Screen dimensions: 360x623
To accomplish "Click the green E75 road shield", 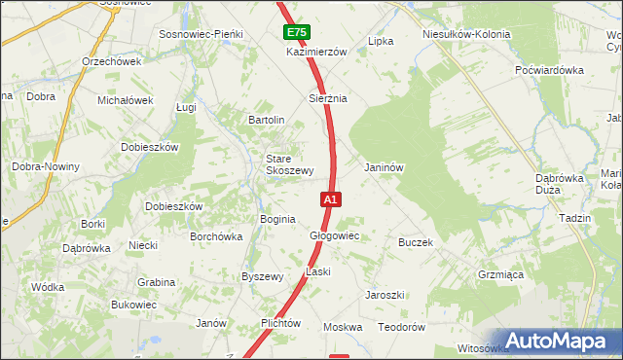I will [297, 33].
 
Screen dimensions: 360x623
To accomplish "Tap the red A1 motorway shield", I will [330, 199].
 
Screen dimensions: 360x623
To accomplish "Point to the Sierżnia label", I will [328, 98].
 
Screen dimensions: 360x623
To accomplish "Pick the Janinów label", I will [384, 166].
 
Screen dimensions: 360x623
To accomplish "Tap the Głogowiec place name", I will [335, 235].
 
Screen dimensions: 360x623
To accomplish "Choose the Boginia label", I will [277, 219].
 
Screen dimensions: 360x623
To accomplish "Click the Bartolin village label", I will [266, 120].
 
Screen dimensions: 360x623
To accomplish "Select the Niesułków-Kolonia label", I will [466, 34].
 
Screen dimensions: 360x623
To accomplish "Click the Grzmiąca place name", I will [500, 274].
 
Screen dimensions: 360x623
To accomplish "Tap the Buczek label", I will [415, 242].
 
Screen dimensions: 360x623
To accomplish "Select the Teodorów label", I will [402, 328].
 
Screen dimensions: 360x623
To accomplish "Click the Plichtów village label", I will [280, 323].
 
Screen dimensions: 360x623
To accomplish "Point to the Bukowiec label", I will [133, 305].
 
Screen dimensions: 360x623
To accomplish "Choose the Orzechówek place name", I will [112, 60].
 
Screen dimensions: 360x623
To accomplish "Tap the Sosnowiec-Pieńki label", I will [206, 34].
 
